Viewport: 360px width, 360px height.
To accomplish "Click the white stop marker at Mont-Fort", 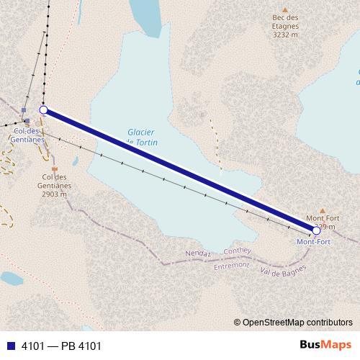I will coord(316,230).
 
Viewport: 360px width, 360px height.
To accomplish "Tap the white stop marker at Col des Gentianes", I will coord(43,110).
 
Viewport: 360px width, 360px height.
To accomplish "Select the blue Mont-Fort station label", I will coord(314,242).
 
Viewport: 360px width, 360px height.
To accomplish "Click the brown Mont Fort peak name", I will coord(323,217).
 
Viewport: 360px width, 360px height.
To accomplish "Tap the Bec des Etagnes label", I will coord(286,18).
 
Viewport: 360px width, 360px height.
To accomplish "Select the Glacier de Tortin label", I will coord(142,138).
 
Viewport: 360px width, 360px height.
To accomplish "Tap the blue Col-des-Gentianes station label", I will coord(29,135).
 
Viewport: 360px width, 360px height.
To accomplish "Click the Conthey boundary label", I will coord(237,251).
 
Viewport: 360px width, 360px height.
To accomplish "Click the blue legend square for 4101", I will coord(11,346).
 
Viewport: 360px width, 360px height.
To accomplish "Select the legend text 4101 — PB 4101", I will coord(61,346).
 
